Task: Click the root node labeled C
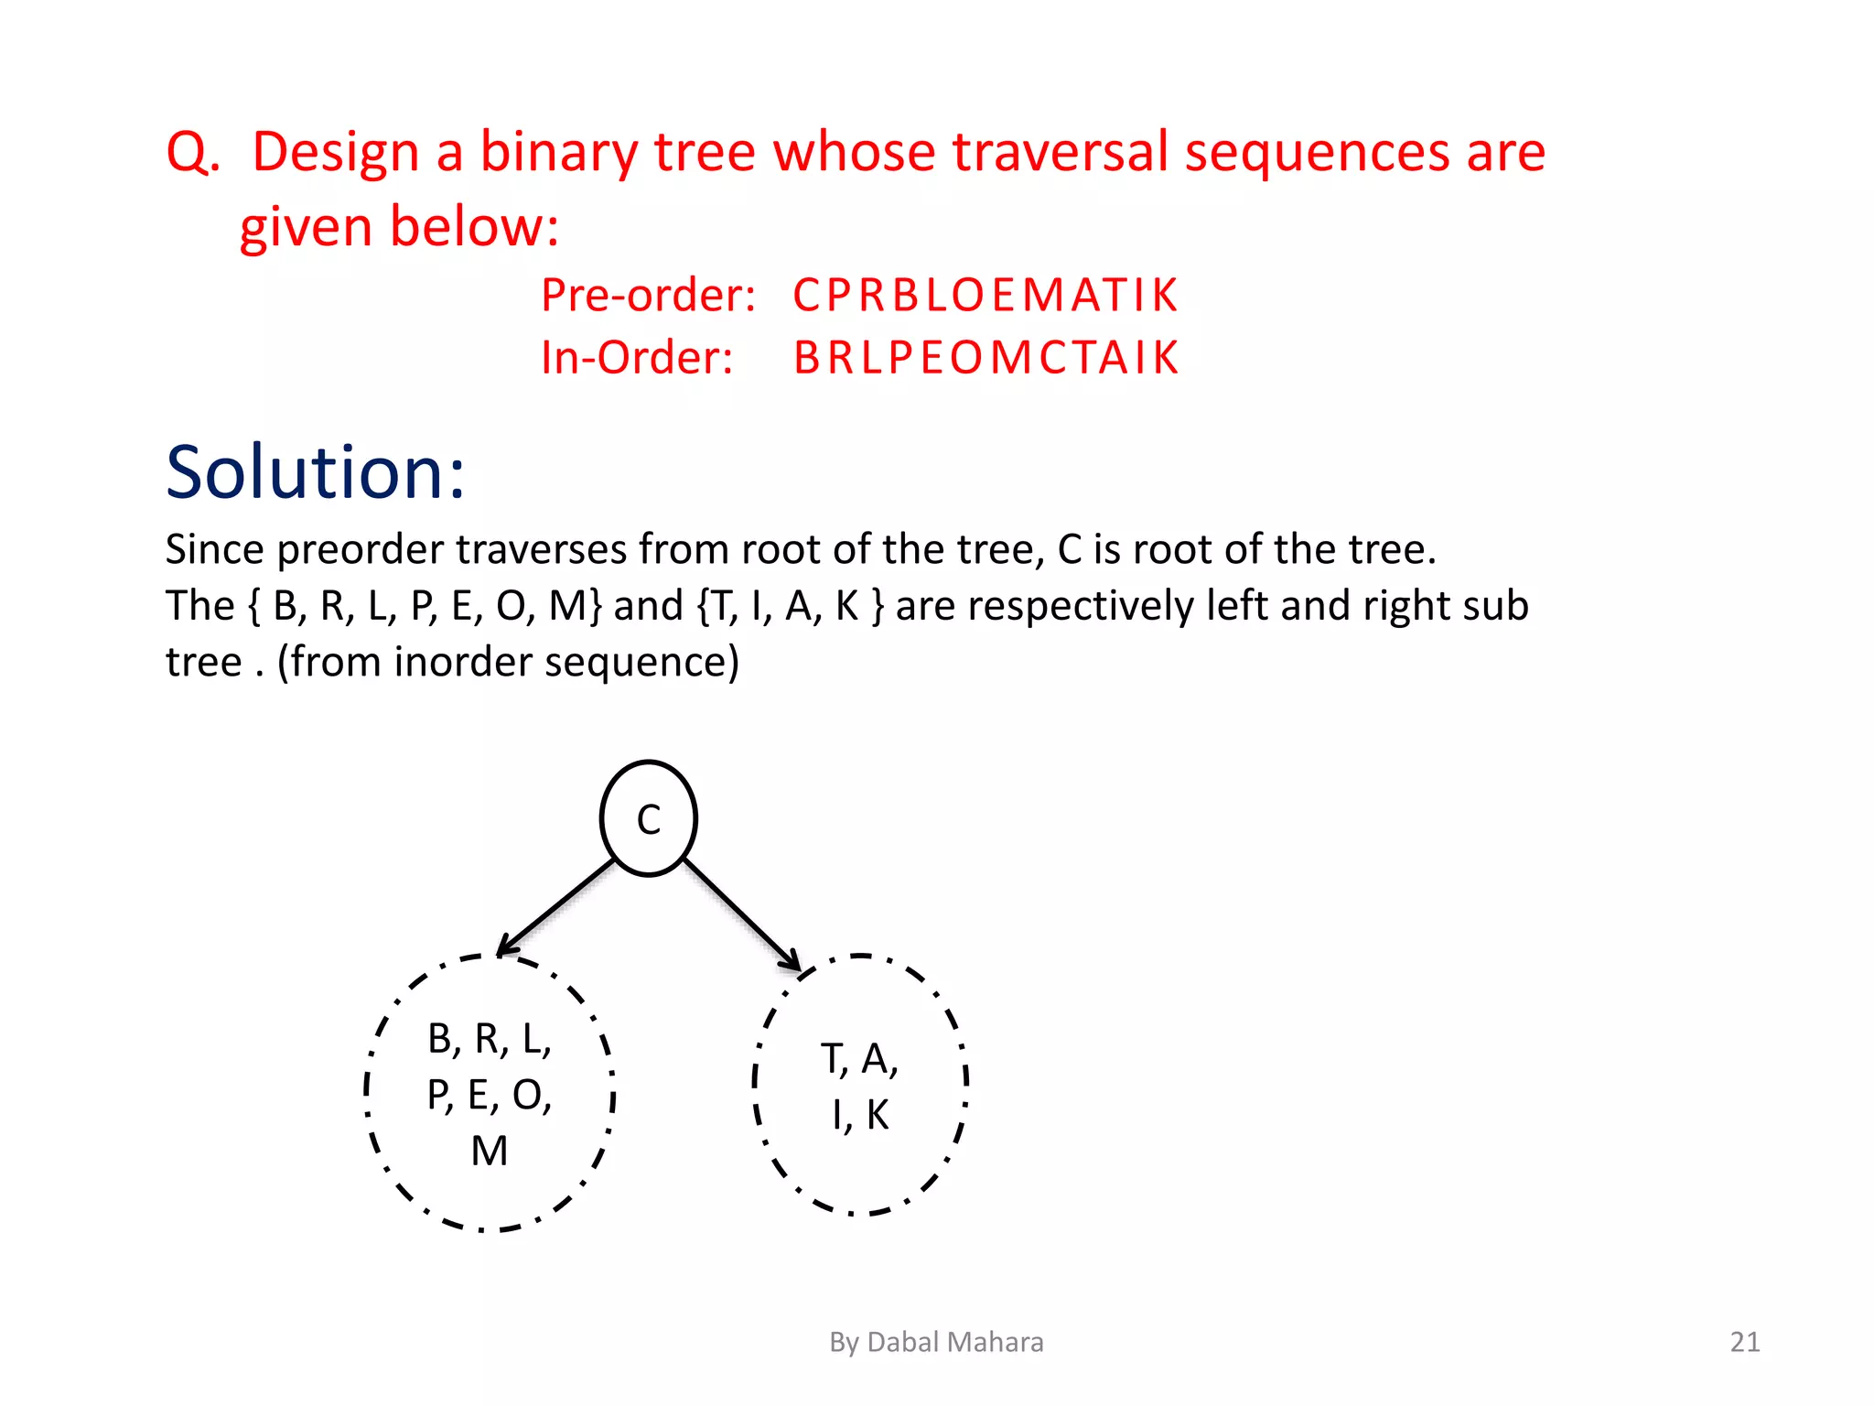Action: (x=648, y=818)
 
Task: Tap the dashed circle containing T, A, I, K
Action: (x=859, y=1085)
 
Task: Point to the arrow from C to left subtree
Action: (x=556, y=906)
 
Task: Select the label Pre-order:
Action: (x=648, y=295)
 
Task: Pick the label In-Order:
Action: (x=637, y=357)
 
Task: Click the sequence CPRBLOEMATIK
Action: (x=985, y=295)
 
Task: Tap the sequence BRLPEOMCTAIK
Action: (x=985, y=357)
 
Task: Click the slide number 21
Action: (x=1744, y=1342)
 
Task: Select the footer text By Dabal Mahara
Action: (x=936, y=1342)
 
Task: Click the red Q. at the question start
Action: (x=193, y=152)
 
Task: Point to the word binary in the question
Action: (x=558, y=152)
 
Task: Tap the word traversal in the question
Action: (x=1061, y=152)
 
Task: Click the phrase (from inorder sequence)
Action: (x=508, y=662)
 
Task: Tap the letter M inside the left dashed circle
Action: (x=490, y=1151)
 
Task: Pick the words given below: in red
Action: (x=399, y=226)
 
